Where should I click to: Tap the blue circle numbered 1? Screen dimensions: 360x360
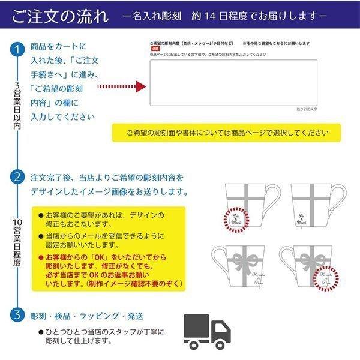(18, 49)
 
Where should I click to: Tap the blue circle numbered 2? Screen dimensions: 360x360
(18, 178)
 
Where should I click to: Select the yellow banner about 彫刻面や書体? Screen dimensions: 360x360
(226, 133)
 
